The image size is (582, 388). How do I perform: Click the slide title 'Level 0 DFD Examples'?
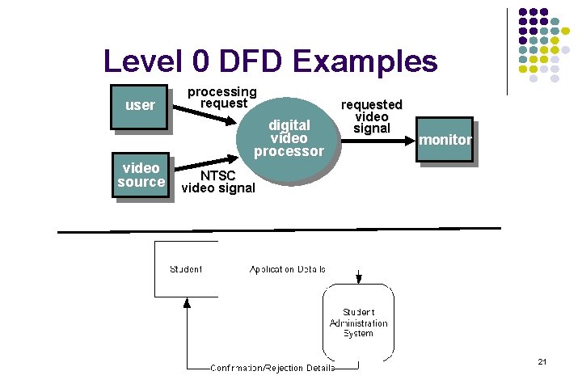[270, 61]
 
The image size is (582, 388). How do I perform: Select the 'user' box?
[140, 105]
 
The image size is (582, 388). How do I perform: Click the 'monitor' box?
[444, 140]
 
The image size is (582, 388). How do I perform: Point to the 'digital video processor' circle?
[289, 137]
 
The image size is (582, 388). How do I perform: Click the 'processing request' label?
[221, 97]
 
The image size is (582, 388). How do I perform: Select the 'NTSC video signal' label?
[218, 182]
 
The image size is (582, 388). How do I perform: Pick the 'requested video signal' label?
[371, 116]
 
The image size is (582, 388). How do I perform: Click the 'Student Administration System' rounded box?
[358, 323]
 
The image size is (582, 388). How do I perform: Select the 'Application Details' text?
[288, 269]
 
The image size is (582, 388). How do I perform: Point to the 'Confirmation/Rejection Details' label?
[272, 368]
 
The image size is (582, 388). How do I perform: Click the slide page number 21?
[542, 361]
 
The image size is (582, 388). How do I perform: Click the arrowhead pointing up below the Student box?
[188, 304]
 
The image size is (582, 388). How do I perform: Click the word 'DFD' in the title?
[251, 61]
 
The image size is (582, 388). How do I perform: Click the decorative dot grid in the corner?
[542, 44]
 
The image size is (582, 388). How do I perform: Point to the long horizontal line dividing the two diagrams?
[279, 231]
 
